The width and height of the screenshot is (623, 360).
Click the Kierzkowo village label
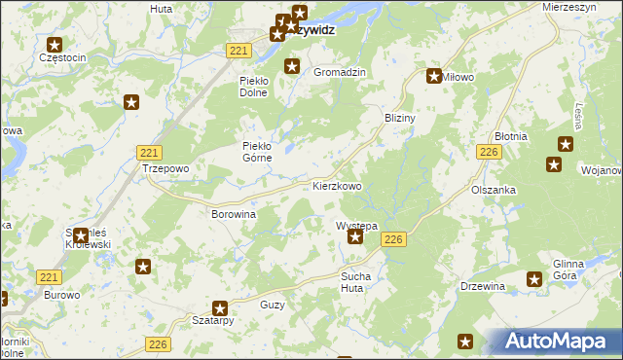point(337,185)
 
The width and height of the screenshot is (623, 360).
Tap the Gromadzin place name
point(339,73)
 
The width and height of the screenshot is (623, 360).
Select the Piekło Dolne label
point(260,88)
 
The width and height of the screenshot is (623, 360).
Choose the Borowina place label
point(234,213)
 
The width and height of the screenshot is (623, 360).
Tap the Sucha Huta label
point(356,282)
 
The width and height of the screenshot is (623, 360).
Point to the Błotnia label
point(511,137)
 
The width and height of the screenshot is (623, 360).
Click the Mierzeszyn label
point(574,6)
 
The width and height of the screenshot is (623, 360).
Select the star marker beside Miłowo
point(434,76)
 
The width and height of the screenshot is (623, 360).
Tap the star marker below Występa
point(356,236)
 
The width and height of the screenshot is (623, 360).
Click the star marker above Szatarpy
point(221,306)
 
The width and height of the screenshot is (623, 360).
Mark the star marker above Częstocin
point(55,45)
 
